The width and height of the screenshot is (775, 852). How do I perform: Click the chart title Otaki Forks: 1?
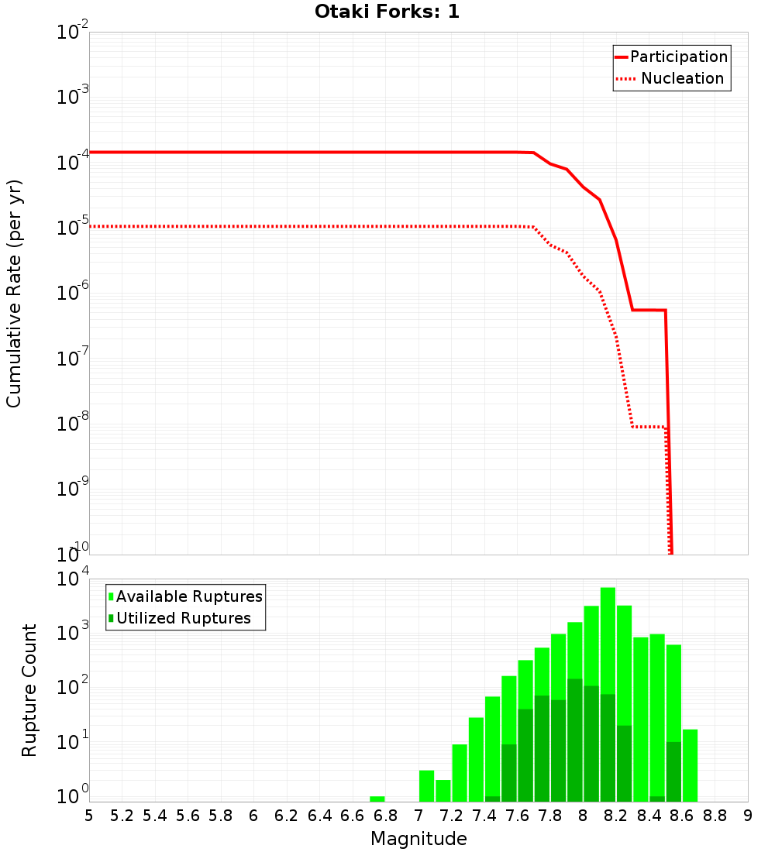(387, 12)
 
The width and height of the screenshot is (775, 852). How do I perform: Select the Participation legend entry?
(671, 57)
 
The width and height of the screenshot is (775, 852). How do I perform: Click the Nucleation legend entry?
(671, 78)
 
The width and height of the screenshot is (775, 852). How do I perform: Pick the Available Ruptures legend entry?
(186, 596)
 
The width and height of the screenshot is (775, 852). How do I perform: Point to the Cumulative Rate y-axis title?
(14, 294)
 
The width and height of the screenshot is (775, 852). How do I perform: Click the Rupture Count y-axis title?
(29, 690)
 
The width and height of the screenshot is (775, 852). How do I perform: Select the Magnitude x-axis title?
(418, 839)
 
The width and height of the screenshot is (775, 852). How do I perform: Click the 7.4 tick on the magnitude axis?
(484, 816)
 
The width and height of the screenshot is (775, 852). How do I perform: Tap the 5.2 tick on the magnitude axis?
(122, 816)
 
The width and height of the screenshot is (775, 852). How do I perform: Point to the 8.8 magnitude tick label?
(715, 816)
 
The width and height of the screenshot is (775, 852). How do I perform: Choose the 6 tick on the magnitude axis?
(253, 816)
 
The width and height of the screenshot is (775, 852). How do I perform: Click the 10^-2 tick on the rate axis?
(74, 33)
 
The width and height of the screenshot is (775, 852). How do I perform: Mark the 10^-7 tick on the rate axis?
(74, 359)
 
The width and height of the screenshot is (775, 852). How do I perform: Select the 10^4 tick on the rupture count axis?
(74, 580)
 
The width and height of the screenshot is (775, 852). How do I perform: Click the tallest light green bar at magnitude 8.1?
(608, 620)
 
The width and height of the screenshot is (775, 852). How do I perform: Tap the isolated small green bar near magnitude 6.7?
(377, 799)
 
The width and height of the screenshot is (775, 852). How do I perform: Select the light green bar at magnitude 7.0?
(426, 785)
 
